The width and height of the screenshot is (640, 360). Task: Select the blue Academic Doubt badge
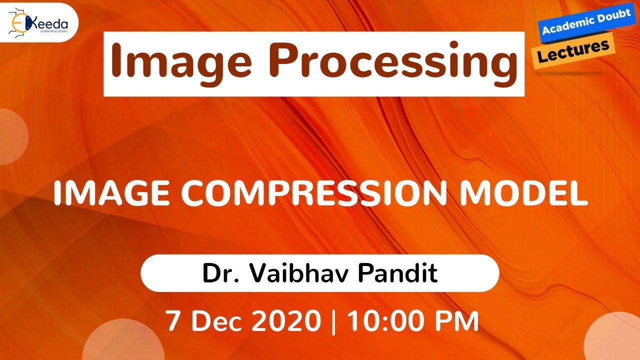(585, 22)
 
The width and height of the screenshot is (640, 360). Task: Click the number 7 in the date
(173, 321)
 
